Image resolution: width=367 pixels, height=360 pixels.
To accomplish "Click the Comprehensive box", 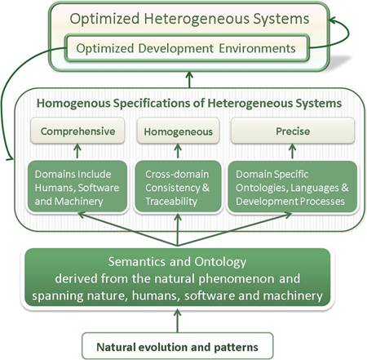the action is [x=77, y=131].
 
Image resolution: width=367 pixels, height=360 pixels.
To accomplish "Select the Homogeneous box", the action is [x=178, y=131].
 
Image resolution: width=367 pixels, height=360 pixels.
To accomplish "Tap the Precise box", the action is [x=293, y=131].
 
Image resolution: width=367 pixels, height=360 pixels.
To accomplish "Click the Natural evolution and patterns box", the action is [x=177, y=346].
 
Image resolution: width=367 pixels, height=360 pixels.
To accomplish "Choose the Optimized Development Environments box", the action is [x=188, y=48].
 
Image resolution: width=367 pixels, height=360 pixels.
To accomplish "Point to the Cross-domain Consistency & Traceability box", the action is [x=178, y=187].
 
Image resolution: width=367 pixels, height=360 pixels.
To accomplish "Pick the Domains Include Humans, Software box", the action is [x=77, y=187].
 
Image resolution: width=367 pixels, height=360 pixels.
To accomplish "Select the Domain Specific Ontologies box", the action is [x=293, y=187].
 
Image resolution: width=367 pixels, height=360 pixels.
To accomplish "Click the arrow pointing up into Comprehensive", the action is [x=77, y=151].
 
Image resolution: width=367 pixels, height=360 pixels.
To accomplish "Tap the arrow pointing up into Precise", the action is [x=292, y=151].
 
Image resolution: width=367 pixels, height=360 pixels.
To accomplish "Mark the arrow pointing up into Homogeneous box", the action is [x=178, y=151].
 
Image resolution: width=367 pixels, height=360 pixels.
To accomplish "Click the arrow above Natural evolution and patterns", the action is [x=177, y=321].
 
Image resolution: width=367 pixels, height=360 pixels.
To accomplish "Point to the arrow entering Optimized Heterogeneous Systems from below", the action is [x=189, y=80].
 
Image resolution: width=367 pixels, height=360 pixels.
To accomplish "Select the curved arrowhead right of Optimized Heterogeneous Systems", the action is [x=333, y=20].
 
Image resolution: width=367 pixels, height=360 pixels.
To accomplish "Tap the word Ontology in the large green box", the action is [x=220, y=263].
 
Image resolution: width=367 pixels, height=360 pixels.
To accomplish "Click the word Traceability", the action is [x=171, y=202].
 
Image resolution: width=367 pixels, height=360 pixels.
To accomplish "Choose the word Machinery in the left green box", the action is [x=78, y=202].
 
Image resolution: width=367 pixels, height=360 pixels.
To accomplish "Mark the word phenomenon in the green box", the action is [x=237, y=279].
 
